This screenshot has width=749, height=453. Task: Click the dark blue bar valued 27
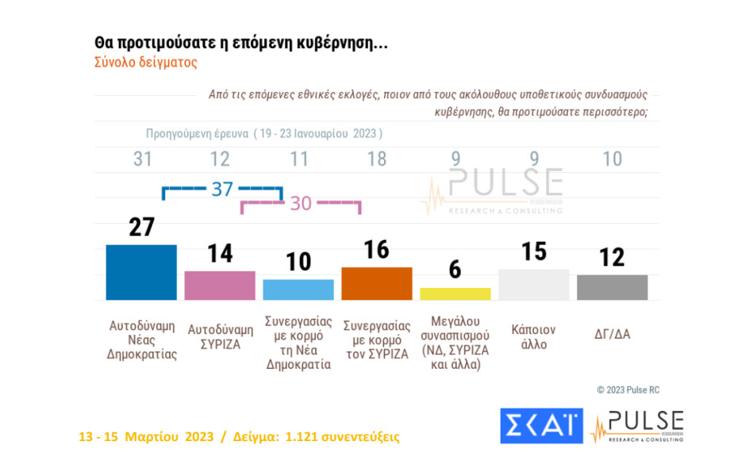pos(141,272)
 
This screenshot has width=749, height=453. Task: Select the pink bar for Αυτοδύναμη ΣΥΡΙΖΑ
pos(220,285)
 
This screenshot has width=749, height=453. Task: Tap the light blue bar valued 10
pos(298,290)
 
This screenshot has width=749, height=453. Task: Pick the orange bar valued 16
pos(377,283)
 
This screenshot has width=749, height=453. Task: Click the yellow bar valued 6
pos(455,294)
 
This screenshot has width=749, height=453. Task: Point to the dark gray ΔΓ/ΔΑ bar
pos(613,287)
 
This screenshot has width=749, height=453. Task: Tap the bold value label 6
pos(455,270)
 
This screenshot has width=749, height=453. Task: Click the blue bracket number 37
pos(221,189)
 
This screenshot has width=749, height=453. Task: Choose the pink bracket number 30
pos(300,203)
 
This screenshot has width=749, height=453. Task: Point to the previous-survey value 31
pos(142,159)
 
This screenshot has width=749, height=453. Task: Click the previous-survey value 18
pos(377,159)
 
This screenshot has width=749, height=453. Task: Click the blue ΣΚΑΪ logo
pos(541,426)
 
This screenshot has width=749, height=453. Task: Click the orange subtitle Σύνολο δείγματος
pos(145,62)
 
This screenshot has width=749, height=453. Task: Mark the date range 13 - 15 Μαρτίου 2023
pos(146,436)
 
